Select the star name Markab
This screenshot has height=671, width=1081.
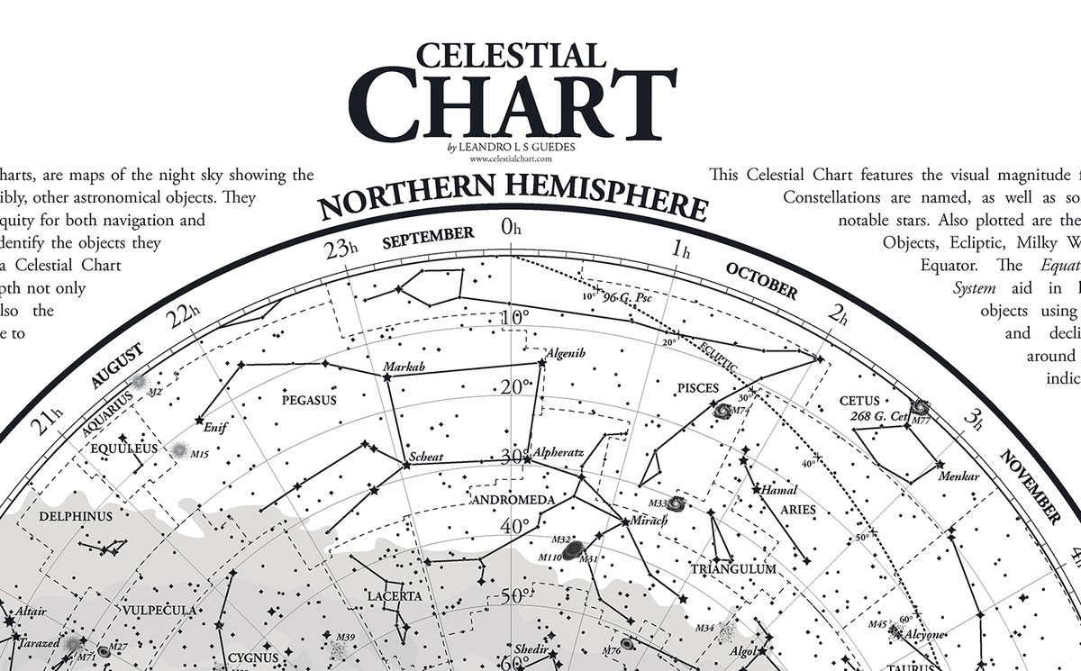404,367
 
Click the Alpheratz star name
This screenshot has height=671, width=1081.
559,452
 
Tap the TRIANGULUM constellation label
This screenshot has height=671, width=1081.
733,569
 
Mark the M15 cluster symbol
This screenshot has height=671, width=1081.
180,449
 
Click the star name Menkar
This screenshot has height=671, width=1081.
958,476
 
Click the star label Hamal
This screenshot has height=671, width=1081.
779,491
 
